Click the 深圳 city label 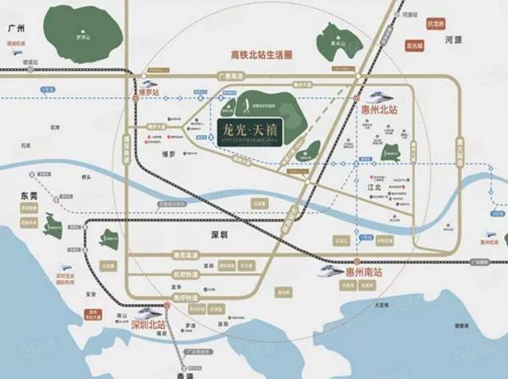click(x=220, y=229)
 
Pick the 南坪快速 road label click(x=185, y=299)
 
